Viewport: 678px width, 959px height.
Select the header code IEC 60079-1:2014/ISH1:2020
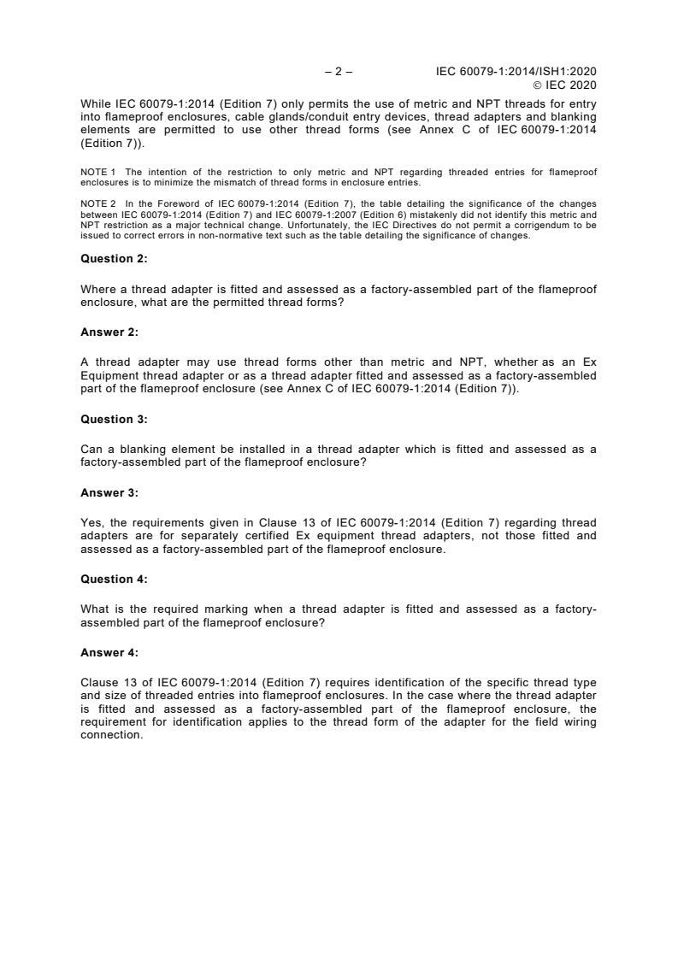(x=516, y=72)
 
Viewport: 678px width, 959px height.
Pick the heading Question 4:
(x=114, y=579)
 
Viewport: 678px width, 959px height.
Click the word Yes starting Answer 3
(x=91, y=522)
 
